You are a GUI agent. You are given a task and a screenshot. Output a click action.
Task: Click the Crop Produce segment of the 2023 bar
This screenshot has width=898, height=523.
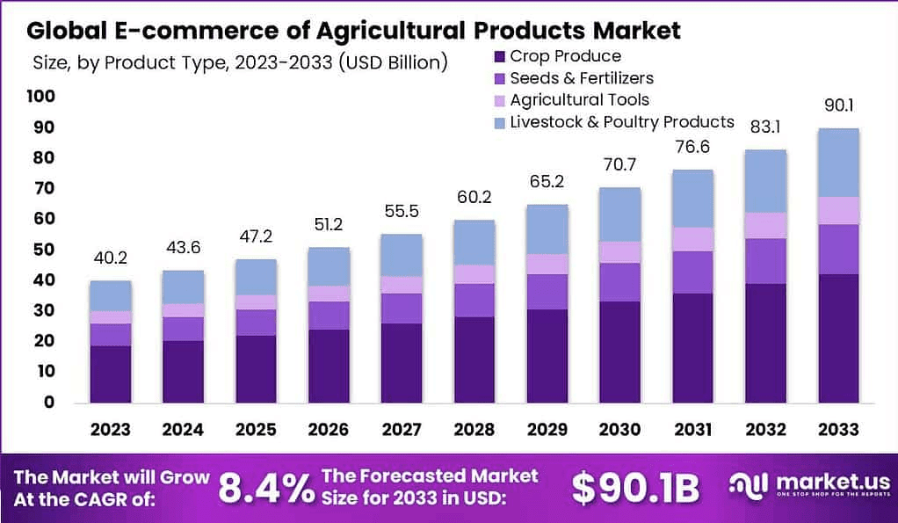(x=110, y=374)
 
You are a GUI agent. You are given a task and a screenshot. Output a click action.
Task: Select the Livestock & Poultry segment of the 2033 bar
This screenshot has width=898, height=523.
(x=838, y=163)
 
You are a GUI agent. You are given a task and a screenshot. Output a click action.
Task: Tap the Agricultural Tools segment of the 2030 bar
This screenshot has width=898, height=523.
(x=619, y=252)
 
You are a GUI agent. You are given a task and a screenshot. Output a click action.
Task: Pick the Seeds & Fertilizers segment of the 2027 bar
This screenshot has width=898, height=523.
(x=401, y=309)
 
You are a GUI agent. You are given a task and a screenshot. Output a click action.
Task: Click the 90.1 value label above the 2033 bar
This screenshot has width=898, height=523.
(x=838, y=106)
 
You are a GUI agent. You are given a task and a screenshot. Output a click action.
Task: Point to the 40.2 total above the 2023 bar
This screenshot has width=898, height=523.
(x=110, y=258)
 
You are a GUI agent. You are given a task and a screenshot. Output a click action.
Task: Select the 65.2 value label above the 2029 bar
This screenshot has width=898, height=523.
(x=547, y=183)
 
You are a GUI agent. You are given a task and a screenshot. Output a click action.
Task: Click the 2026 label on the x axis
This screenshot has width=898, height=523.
(x=329, y=430)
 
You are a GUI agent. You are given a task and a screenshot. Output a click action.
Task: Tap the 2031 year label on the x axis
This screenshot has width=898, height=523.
(x=692, y=430)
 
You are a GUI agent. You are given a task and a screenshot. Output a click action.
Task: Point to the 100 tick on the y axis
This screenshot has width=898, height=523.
(x=40, y=96)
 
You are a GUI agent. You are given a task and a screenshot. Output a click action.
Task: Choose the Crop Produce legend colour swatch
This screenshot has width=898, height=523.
(x=499, y=57)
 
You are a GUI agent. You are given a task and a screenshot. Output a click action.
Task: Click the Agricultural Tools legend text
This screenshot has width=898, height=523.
(x=579, y=100)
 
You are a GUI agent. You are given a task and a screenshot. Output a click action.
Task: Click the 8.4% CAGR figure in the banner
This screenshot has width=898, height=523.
(x=264, y=489)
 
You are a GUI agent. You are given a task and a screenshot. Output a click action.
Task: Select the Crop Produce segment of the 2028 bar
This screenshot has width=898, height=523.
(x=474, y=359)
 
